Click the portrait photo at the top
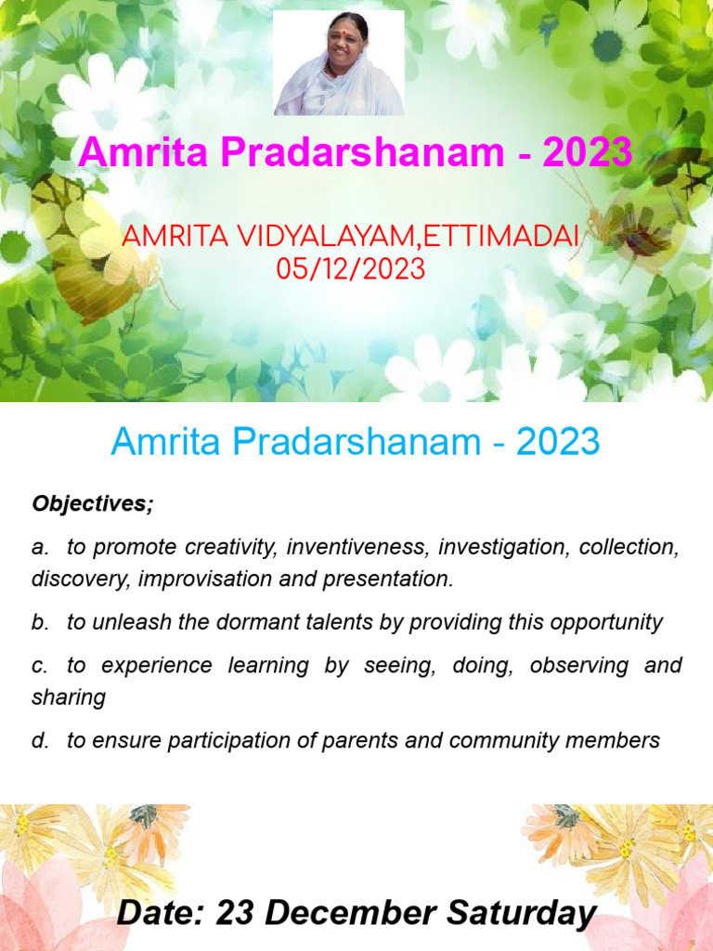[339, 63]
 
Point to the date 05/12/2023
[350, 268]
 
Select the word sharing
[69, 697]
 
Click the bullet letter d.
[39, 740]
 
